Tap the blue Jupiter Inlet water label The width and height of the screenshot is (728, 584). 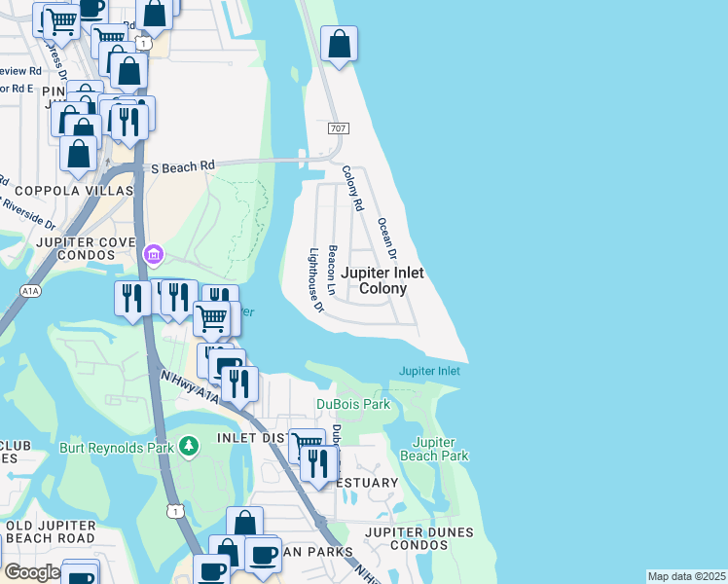point(429,371)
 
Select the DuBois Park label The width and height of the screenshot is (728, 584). point(353,404)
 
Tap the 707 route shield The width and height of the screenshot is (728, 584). point(338,128)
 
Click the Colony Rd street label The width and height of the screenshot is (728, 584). point(352,189)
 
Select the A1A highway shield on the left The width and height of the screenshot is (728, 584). point(27,292)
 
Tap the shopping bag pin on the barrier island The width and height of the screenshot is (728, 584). point(339,45)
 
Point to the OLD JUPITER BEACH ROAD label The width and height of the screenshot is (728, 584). point(51,532)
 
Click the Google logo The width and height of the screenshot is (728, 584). point(31,572)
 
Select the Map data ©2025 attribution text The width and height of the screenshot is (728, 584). point(685,576)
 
